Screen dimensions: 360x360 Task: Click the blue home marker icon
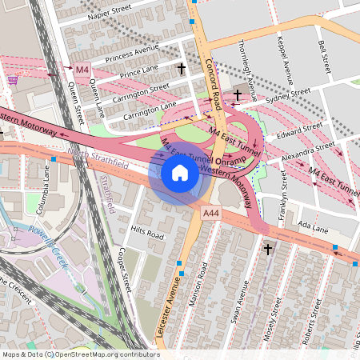[x=180, y=172]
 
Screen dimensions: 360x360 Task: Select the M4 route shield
[x=82, y=70]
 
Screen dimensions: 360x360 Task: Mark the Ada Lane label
[x=313, y=228]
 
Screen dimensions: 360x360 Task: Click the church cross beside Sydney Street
[x=237, y=96]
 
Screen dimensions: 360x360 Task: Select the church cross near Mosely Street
[x=267, y=250]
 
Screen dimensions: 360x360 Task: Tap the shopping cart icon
[x=13, y=79]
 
